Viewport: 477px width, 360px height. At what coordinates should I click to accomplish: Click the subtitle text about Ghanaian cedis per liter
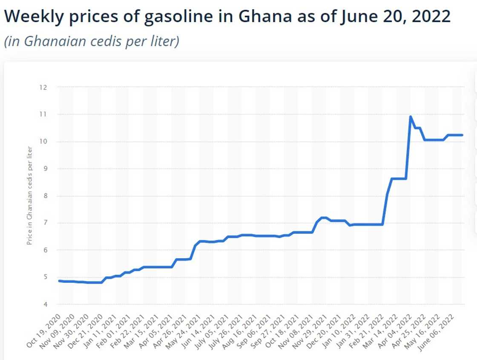92,41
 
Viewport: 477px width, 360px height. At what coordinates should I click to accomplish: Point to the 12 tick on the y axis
43,87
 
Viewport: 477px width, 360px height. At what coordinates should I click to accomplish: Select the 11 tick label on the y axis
43,115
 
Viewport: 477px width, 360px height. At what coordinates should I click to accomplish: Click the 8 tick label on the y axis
44,196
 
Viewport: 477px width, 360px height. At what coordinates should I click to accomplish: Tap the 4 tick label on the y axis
44,305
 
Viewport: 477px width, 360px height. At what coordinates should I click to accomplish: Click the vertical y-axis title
29,196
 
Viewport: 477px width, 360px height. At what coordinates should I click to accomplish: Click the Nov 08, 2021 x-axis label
299,331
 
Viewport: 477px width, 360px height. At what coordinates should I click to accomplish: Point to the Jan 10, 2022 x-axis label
341,331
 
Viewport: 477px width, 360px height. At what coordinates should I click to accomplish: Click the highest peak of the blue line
411,117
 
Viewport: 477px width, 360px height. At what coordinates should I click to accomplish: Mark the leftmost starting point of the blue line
59,281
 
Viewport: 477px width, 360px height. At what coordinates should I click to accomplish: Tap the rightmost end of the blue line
462,135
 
